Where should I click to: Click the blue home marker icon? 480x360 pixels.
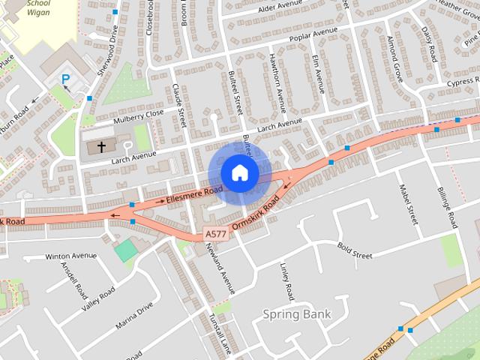239,172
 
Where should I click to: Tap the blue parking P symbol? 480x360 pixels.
66,79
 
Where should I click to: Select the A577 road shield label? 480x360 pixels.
214,235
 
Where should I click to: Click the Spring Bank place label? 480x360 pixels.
297,313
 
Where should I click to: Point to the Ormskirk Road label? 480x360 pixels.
256,214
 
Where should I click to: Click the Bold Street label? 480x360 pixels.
355,251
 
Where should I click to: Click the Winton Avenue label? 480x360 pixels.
71,256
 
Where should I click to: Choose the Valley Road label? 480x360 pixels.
98,298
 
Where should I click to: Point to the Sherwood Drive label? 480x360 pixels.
109,52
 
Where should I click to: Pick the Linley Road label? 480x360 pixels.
286,280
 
